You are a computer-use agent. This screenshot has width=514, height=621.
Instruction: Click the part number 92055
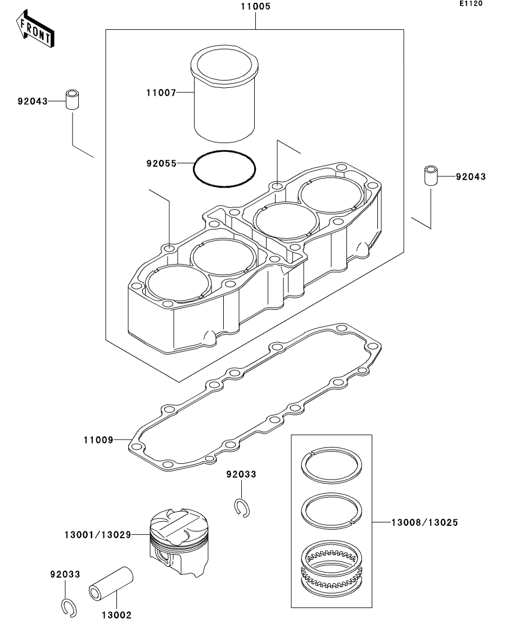(x=160, y=164)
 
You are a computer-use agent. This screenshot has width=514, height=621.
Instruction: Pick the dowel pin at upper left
(x=73, y=100)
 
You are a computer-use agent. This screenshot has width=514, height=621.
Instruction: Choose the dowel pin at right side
(x=431, y=175)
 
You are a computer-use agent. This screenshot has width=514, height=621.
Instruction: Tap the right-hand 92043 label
(x=471, y=177)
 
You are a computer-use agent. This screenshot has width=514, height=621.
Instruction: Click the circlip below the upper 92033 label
(x=242, y=507)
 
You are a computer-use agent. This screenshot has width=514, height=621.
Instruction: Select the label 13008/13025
(x=425, y=522)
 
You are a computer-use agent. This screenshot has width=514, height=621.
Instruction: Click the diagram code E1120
(x=470, y=4)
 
